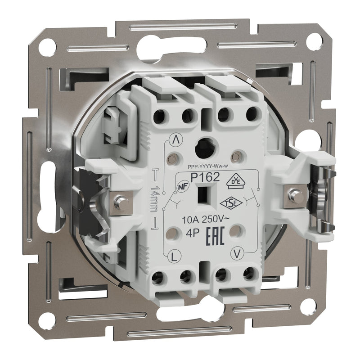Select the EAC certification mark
[215, 237]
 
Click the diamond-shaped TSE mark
[228, 203]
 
